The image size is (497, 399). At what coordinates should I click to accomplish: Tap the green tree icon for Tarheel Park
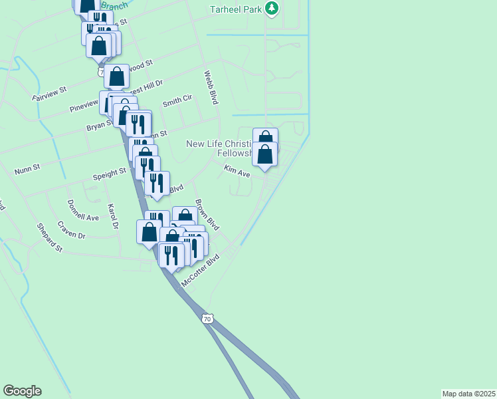(271, 9)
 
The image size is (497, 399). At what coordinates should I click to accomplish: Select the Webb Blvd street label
(211, 88)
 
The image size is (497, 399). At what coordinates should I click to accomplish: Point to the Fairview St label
(50, 93)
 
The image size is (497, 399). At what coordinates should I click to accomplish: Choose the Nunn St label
(27, 168)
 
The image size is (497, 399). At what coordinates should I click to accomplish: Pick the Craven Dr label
(71, 231)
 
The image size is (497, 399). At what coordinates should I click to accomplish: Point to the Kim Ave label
(237, 171)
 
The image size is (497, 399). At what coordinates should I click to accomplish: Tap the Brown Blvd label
(207, 214)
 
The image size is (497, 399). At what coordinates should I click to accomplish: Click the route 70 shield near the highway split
(208, 319)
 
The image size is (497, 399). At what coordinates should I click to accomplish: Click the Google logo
(22, 391)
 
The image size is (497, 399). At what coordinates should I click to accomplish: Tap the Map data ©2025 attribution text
(469, 393)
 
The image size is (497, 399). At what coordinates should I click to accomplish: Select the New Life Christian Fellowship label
(219, 148)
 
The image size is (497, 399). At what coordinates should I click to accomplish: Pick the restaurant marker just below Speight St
(157, 183)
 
